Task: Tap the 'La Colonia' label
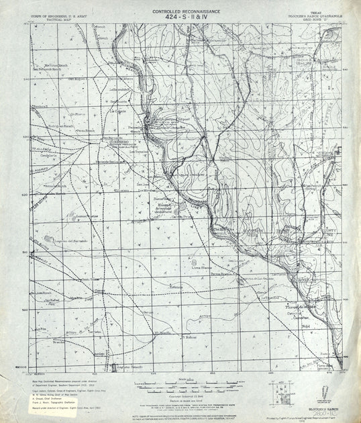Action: click(119, 111)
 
